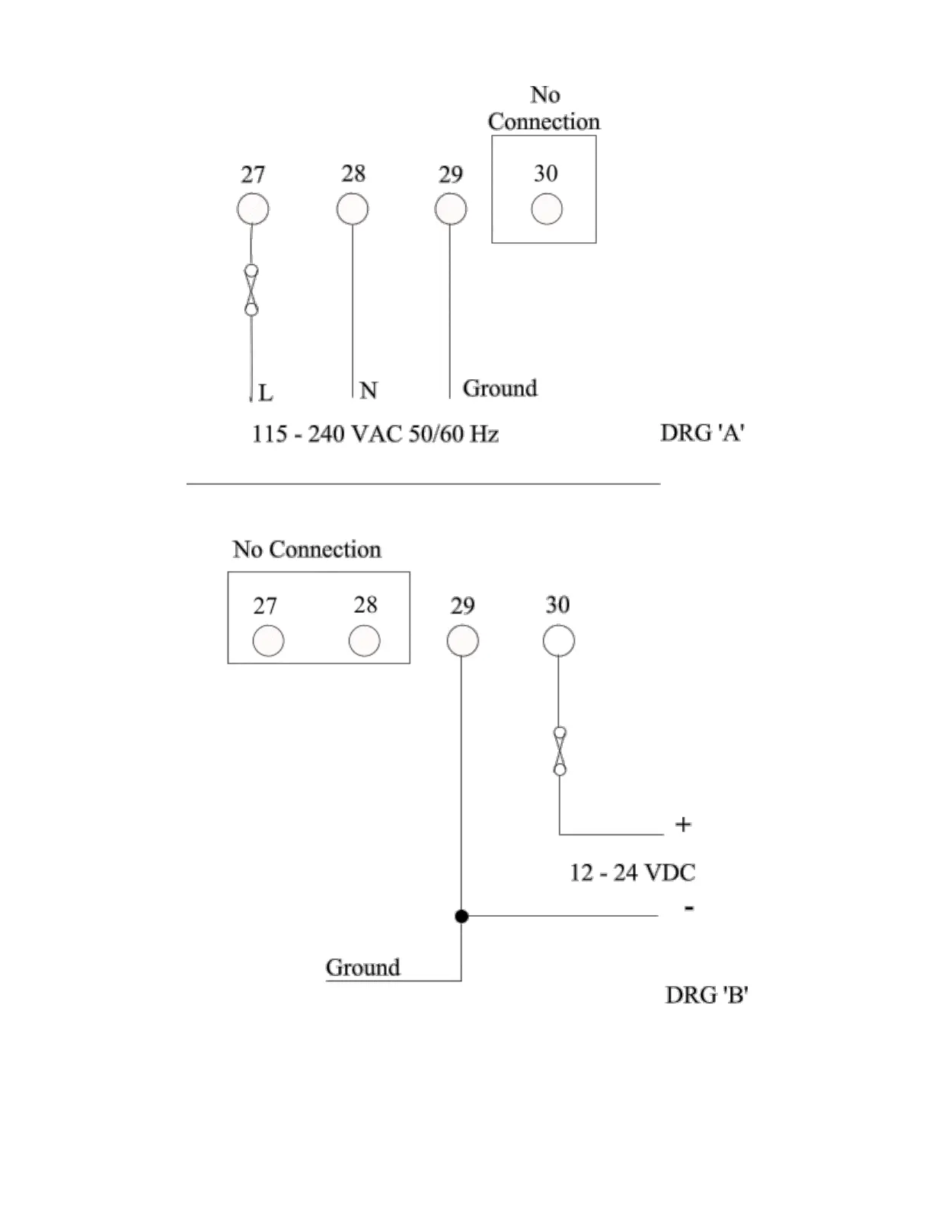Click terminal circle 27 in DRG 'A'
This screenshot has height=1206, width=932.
[253, 209]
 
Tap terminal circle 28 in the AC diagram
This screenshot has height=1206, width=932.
[353, 209]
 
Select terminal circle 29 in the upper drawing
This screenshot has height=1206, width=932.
[451, 209]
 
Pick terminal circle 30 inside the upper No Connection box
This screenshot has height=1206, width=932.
[547, 209]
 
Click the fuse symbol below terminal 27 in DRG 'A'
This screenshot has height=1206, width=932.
[251, 290]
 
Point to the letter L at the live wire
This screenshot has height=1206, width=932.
[265, 393]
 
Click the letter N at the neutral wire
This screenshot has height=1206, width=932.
[369, 391]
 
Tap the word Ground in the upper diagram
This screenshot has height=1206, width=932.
[500, 388]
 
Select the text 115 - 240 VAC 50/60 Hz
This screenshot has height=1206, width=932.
[375, 434]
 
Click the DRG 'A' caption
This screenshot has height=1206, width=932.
[702, 432]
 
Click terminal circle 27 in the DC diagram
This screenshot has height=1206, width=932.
[268, 641]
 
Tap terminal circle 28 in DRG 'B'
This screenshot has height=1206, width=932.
[364, 641]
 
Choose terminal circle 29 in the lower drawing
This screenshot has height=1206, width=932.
[463, 641]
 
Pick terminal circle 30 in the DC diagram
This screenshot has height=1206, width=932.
[559, 640]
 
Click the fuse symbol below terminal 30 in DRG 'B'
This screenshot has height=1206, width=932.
[560, 751]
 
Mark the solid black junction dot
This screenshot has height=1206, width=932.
[461, 916]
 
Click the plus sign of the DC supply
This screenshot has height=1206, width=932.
[683, 825]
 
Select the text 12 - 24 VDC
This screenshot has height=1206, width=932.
[632, 873]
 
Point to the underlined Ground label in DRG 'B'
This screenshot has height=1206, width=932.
[363, 968]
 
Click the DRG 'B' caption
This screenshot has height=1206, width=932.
[707, 995]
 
